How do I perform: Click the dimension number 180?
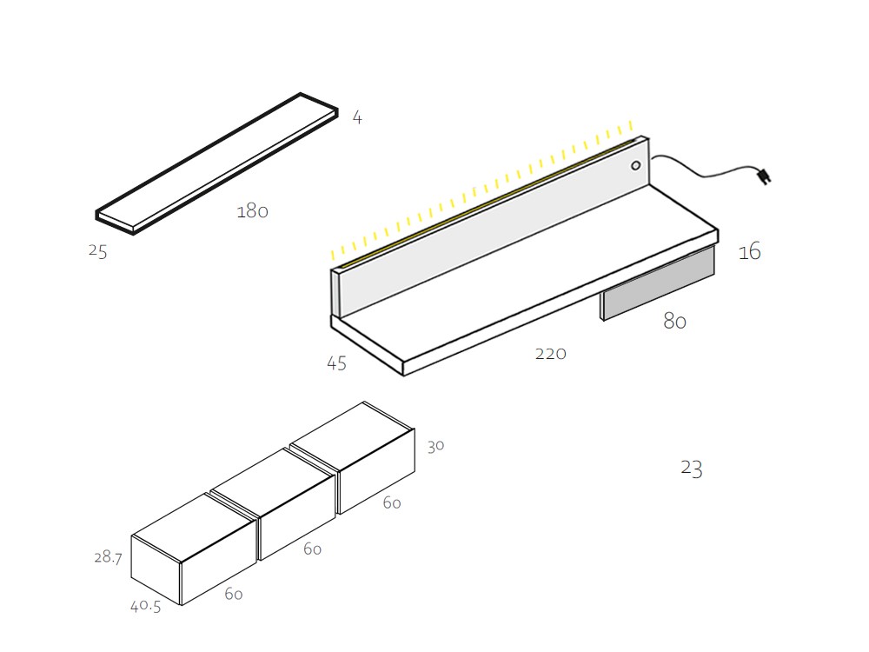pos(252,211)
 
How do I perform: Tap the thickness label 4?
pos(356,117)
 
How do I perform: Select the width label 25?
pos(97,251)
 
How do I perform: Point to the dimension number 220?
pos(550,353)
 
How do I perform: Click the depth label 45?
pos(336,363)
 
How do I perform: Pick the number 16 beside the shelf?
pos(749,252)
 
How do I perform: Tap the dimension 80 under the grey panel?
pos(674,321)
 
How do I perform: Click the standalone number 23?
pos(691,469)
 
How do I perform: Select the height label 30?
pos(435,446)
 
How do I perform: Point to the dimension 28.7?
pos(108,557)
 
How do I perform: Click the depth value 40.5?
pos(145,607)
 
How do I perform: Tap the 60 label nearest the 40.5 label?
pos(233,595)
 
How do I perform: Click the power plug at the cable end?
pos(763,176)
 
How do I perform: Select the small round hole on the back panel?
pos(635,165)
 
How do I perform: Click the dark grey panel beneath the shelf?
pos(659,284)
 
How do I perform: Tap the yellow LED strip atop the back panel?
pos(487,201)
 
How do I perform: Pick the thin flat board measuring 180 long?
pos(217,163)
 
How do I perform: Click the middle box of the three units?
pos(274,504)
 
